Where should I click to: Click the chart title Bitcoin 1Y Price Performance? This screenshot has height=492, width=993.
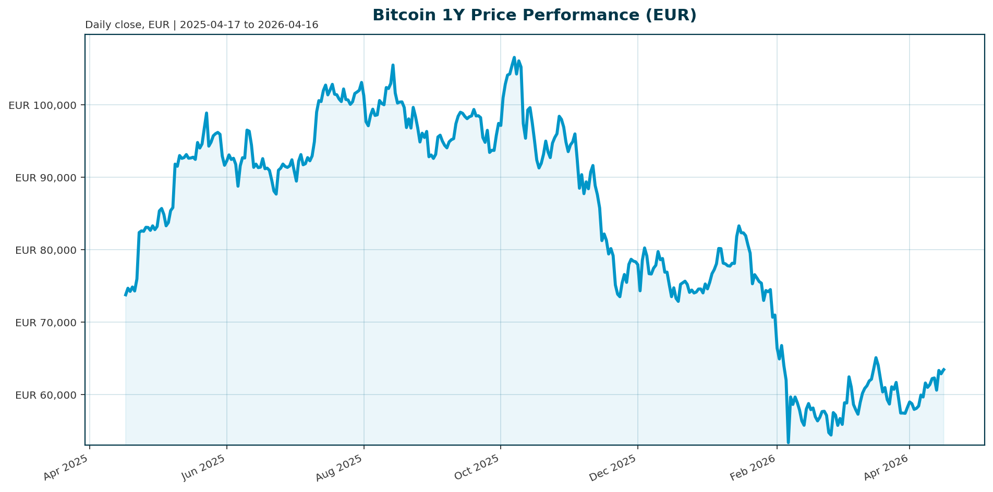tap(534, 15)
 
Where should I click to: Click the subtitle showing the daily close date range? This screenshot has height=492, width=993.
tap(201, 25)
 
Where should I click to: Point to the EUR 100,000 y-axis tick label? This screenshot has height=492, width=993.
tap(43, 105)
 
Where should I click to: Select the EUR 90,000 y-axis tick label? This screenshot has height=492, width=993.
tap(46, 178)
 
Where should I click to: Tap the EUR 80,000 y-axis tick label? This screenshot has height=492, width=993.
tap(46, 250)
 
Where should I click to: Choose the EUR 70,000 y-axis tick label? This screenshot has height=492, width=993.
tap(46, 323)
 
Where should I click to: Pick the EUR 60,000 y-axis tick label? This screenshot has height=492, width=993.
tap(46, 395)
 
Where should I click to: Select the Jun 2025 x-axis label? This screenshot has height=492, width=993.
tap(204, 467)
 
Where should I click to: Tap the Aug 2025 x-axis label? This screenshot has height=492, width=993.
tap(341, 467)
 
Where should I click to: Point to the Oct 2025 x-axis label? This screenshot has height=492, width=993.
tap(478, 467)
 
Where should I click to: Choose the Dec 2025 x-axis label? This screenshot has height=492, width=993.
tap(614, 467)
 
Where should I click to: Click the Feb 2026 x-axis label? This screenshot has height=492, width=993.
tap(754, 467)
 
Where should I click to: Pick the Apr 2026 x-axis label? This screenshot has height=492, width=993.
tap(887, 467)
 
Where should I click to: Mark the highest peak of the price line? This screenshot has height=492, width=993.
tap(514, 57)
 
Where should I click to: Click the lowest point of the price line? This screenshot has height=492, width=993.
tap(788, 442)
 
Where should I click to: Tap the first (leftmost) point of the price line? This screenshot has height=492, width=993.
tap(125, 296)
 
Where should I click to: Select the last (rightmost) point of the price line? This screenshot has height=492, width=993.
tap(944, 369)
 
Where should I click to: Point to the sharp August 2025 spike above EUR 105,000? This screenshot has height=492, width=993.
tap(393, 65)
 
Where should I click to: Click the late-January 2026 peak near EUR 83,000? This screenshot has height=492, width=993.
tap(739, 226)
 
